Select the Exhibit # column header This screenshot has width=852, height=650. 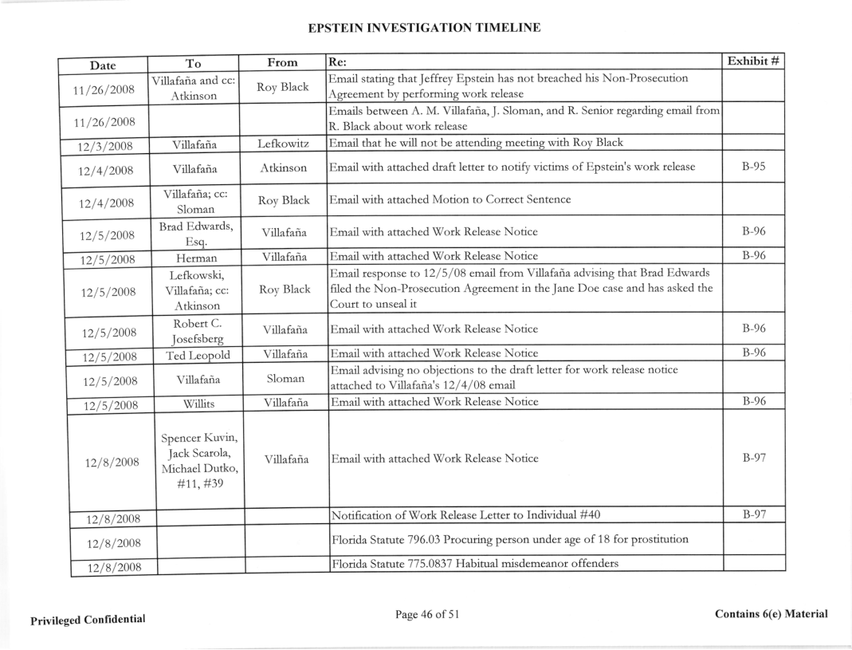coord(754,61)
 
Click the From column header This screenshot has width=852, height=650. coord(283,61)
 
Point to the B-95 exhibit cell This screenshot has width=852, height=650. coord(754,168)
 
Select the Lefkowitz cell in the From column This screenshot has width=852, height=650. coord(283,144)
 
